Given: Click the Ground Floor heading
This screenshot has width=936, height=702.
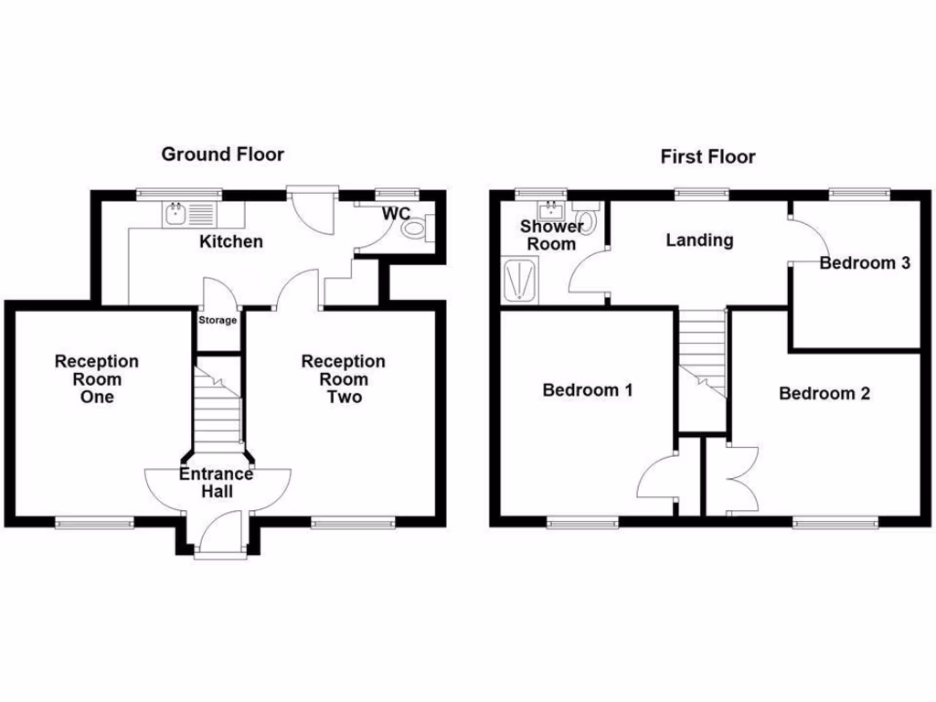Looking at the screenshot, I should (x=222, y=154).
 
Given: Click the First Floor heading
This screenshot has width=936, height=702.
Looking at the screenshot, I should (x=707, y=157).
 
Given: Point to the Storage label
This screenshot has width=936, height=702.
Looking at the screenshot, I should (x=218, y=321).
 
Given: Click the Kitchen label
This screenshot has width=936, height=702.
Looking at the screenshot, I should (x=231, y=242).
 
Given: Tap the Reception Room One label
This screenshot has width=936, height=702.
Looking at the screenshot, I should (x=96, y=379).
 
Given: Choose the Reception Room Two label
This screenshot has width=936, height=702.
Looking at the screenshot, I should (x=343, y=379).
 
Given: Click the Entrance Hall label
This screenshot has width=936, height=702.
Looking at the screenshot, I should (x=217, y=483).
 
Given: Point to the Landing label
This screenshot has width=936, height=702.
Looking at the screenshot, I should (x=699, y=240).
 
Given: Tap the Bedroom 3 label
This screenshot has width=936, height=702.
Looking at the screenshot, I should (x=865, y=263).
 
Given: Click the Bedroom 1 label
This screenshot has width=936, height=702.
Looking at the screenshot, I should (x=588, y=390).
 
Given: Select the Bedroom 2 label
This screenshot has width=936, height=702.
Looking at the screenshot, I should (x=824, y=394).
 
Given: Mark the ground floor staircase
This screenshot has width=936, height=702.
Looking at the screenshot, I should (x=217, y=411).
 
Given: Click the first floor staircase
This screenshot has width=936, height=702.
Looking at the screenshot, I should (x=702, y=356).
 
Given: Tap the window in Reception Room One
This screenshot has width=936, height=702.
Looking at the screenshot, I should (x=94, y=523).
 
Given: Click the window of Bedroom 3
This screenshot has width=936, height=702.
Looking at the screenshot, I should (x=859, y=193).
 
